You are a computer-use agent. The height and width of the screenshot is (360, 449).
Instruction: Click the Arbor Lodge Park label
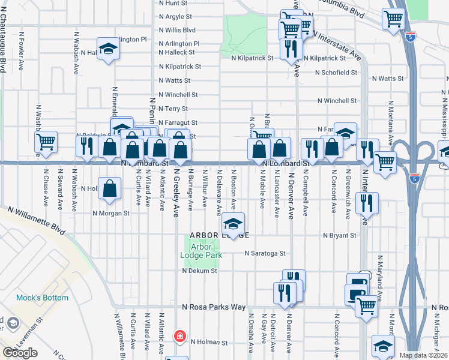(201, 250)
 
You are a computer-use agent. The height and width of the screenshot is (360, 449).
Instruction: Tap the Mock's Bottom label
(50, 298)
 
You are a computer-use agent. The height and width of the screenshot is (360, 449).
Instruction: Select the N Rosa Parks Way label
(214, 307)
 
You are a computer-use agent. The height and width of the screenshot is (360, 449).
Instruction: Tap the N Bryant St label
(339, 236)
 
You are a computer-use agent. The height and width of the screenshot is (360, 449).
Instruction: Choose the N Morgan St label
(110, 213)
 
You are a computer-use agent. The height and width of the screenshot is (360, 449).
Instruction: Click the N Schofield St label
(336, 73)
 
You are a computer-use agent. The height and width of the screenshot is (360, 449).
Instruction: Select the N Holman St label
(209, 343)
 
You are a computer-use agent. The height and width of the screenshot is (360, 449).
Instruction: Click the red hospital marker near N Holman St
(179, 337)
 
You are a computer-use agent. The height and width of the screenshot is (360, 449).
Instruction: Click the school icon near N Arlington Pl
(109, 49)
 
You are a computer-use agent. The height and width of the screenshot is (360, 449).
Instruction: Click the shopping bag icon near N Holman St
(110, 188)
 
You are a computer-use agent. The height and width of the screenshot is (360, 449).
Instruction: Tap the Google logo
(20, 353)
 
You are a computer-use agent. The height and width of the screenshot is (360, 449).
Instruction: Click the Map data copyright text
(424, 355)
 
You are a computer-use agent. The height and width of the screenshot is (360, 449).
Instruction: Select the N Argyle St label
(175, 16)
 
